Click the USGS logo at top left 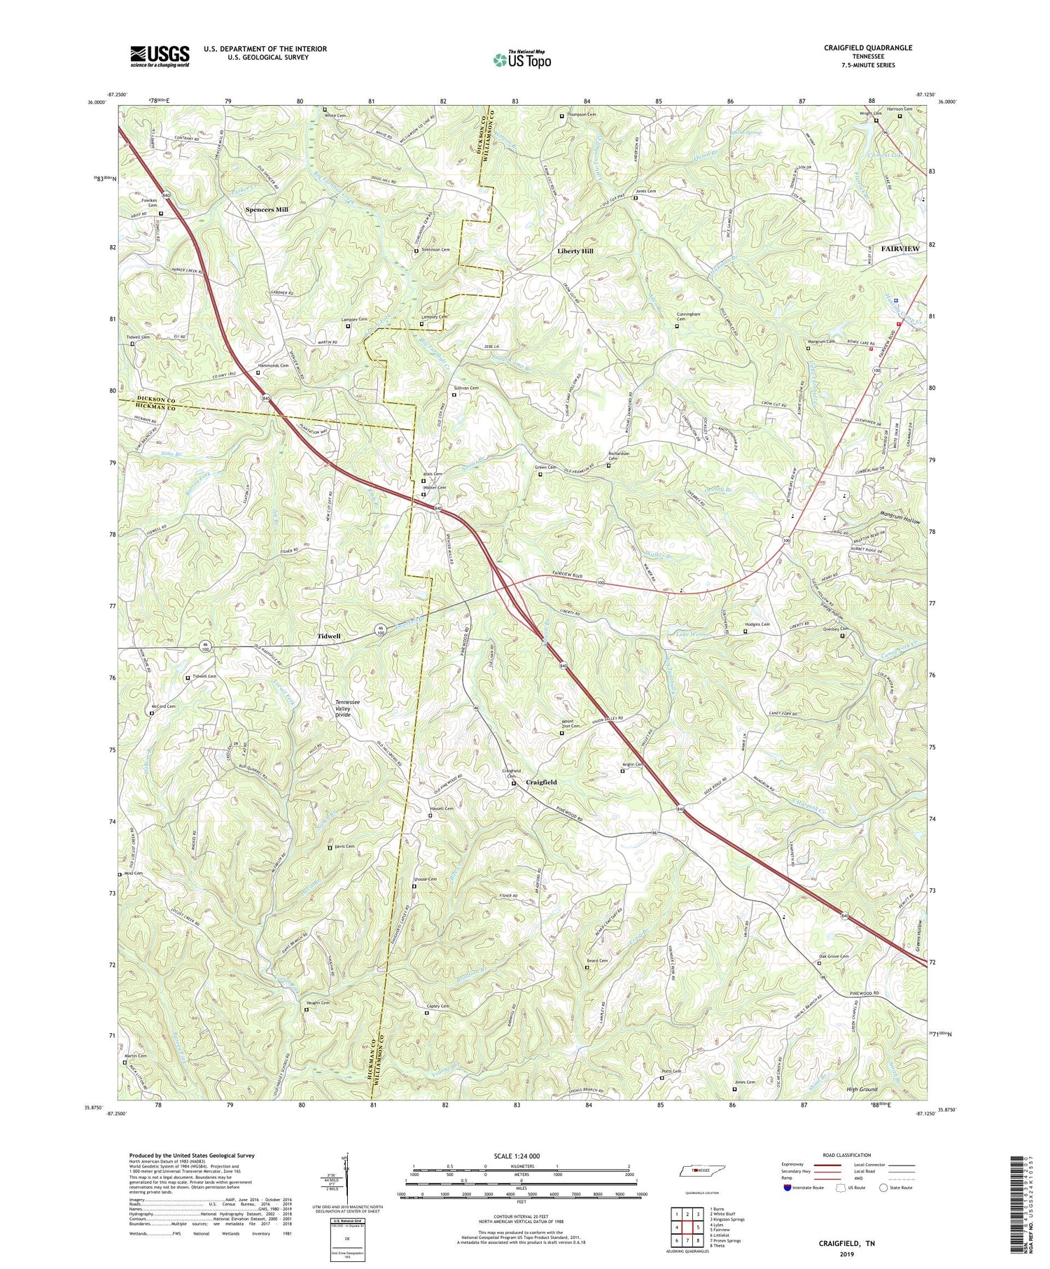point(160,56)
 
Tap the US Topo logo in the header point(521,59)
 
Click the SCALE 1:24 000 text point(519,1156)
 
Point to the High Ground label point(862,1090)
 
